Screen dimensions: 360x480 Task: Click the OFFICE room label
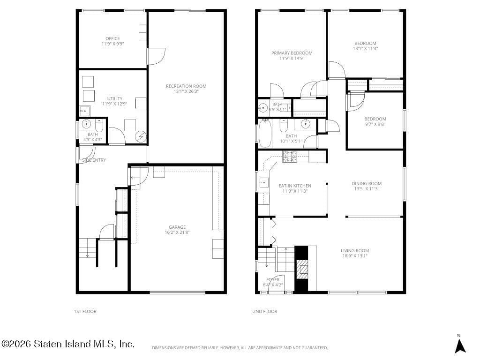(x=112, y=38)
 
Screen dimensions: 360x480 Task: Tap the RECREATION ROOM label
(x=186, y=86)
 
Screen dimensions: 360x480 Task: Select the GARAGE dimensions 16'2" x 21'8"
(x=177, y=232)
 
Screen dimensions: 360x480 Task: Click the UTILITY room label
(x=115, y=98)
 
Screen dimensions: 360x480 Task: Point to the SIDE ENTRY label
(x=94, y=160)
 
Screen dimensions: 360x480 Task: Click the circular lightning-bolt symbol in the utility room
(x=141, y=137)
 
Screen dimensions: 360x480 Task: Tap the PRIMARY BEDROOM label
(x=292, y=53)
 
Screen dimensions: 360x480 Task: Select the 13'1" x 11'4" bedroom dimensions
(x=365, y=48)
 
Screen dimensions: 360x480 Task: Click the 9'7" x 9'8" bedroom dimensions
(x=375, y=124)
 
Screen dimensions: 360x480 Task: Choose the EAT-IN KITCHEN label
(x=295, y=186)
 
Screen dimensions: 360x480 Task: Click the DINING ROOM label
(x=367, y=183)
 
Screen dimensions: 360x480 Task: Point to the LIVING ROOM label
(x=355, y=250)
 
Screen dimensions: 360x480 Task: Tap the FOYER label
(x=272, y=279)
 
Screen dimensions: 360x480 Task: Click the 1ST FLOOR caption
(x=85, y=311)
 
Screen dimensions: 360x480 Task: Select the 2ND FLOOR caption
(x=266, y=311)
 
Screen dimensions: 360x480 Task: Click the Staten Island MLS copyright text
(x=68, y=344)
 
